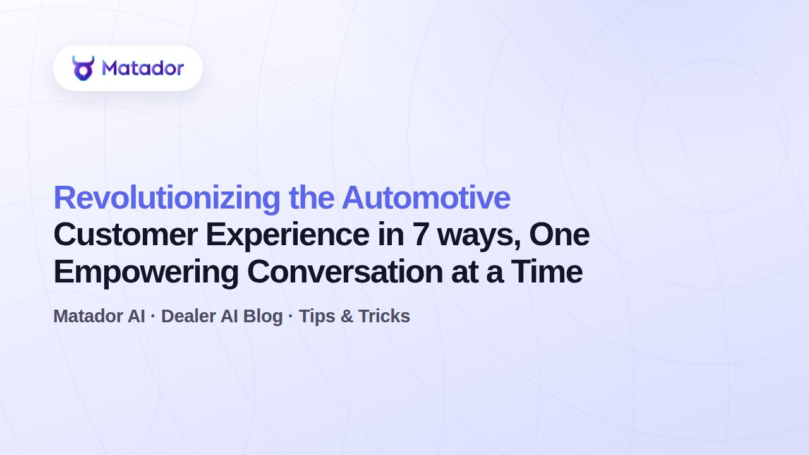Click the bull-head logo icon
(83, 68)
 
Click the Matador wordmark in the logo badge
(143, 68)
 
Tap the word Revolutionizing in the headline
(167, 198)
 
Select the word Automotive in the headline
(426, 198)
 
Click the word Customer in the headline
(126, 234)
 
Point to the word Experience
(288, 236)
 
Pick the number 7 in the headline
(421, 234)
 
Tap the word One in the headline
(559, 234)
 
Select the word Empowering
(146, 273)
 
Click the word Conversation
(345, 272)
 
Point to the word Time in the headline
(547, 272)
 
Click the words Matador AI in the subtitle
(99, 316)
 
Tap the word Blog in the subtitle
(262, 317)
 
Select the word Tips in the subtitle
(317, 317)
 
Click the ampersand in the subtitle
(347, 316)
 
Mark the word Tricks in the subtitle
(384, 316)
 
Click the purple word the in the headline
(312, 198)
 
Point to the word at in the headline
(465, 273)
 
